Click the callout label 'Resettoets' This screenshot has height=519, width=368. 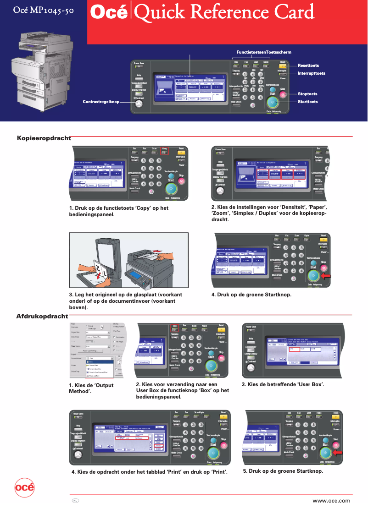(308, 66)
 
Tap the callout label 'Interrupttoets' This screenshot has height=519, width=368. (311, 73)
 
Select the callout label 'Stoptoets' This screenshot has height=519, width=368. (307, 94)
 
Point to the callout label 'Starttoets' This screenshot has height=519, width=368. (307, 102)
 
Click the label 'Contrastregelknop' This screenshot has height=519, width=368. (100, 101)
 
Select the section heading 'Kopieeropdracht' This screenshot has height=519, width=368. (44, 138)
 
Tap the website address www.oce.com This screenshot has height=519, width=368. (331, 501)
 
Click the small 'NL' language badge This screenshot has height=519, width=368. (75, 500)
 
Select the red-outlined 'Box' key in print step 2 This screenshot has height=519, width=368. (175, 326)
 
